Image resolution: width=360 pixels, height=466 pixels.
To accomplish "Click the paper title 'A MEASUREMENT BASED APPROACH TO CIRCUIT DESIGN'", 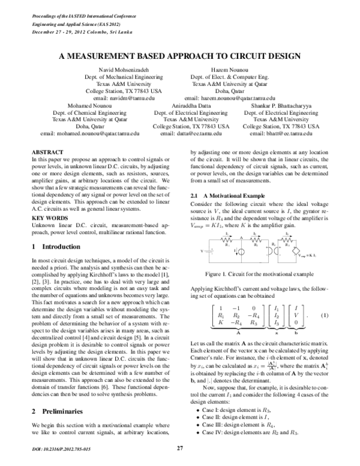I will tap(180, 56).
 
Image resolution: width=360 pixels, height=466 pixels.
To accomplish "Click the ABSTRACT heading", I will tap(46, 153).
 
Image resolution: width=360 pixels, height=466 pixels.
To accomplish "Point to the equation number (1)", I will tap(324, 315).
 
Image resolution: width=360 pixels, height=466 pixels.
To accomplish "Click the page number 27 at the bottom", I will tap(180, 448).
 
